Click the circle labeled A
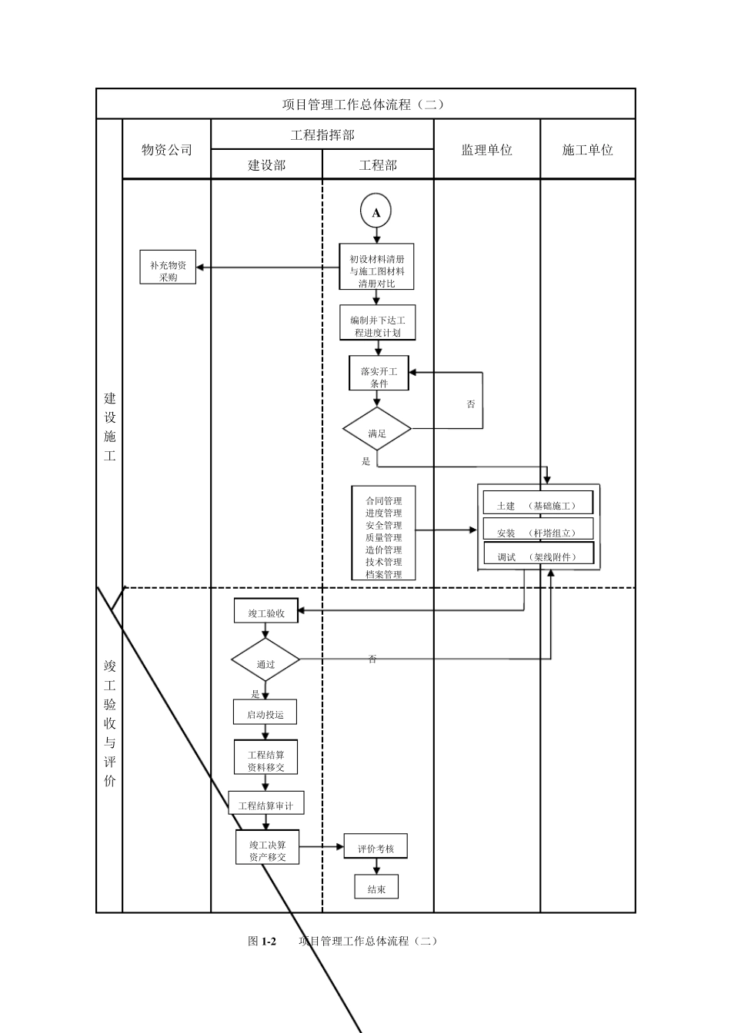pos(376,212)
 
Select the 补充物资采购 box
pos(168,267)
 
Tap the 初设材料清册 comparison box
pos(377,267)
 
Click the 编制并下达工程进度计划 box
pos(377,323)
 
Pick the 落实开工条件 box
pos(379,373)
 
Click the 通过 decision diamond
pos(265,660)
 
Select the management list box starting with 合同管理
pos(383,532)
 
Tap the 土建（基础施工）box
pos(539,503)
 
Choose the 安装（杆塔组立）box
pos(539,530)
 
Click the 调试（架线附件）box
pos(539,554)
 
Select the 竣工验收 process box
pos(266,611)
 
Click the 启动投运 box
pos(265,712)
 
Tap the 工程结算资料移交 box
pos(266,757)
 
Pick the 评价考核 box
pos(376,846)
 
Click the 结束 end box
pos(376,887)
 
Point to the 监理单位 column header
pos(486,150)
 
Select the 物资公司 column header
pos(166,150)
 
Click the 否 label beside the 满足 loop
pos(471,404)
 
